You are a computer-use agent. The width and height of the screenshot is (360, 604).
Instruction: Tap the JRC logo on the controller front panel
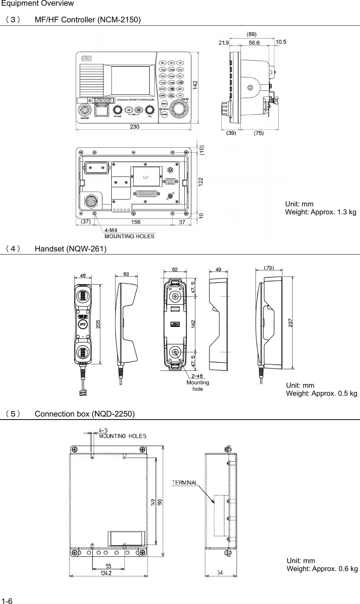[x=87, y=59]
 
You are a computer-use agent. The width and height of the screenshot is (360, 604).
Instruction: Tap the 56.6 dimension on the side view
[x=254, y=43]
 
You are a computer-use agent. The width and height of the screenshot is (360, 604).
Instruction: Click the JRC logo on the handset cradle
[x=175, y=324]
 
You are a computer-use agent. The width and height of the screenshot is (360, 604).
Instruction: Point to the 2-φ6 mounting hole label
[x=197, y=376]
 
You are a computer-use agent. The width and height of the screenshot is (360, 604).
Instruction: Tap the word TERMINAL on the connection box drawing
[x=185, y=482]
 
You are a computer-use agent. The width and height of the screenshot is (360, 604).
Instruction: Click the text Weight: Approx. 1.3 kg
[x=320, y=212]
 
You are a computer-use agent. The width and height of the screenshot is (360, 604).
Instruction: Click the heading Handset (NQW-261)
[x=70, y=249]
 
